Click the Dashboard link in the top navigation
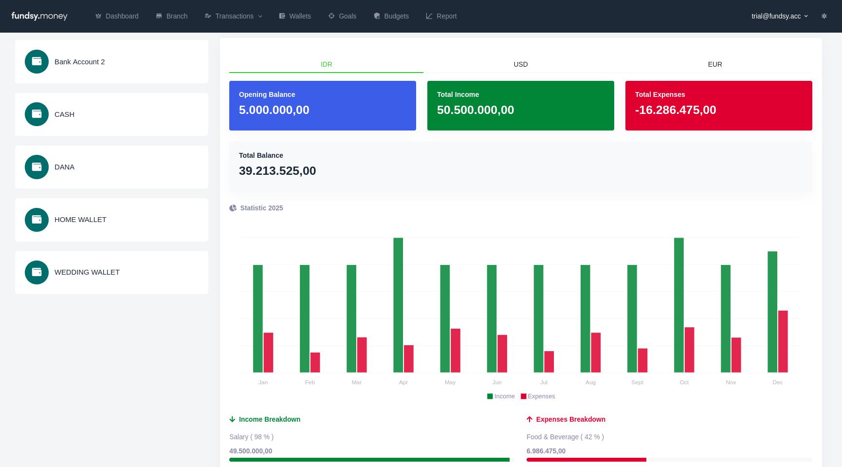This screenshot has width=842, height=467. pyautogui.click(x=117, y=16)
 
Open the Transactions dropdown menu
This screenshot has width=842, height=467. pyautogui.click(x=234, y=16)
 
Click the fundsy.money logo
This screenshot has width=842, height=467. pyautogui.click(x=39, y=16)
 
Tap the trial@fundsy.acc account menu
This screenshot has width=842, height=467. pyautogui.click(x=779, y=16)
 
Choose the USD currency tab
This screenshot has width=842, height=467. pyautogui.click(x=520, y=64)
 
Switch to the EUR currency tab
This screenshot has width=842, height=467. pyautogui.click(x=714, y=64)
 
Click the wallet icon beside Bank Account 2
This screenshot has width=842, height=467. pyautogui.click(x=37, y=61)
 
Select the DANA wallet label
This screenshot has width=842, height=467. pyautogui.click(x=64, y=167)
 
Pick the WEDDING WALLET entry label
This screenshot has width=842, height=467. pyautogui.click(x=87, y=272)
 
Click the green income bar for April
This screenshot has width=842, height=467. pyautogui.click(x=398, y=305)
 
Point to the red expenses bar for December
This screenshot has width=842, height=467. pyautogui.click(x=783, y=341)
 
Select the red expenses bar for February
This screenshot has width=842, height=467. pyautogui.click(x=315, y=362)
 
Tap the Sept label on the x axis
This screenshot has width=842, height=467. pyautogui.click(x=637, y=382)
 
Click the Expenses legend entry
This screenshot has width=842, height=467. pyautogui.click(x=538, y=396)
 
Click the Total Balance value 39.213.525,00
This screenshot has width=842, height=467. pyautogui.click(x=277, y=171)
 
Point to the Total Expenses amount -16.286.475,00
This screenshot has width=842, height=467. pyautogui.click(x=675, y=110)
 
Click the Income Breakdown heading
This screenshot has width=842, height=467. pyautogui.click(x=269, y=419)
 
